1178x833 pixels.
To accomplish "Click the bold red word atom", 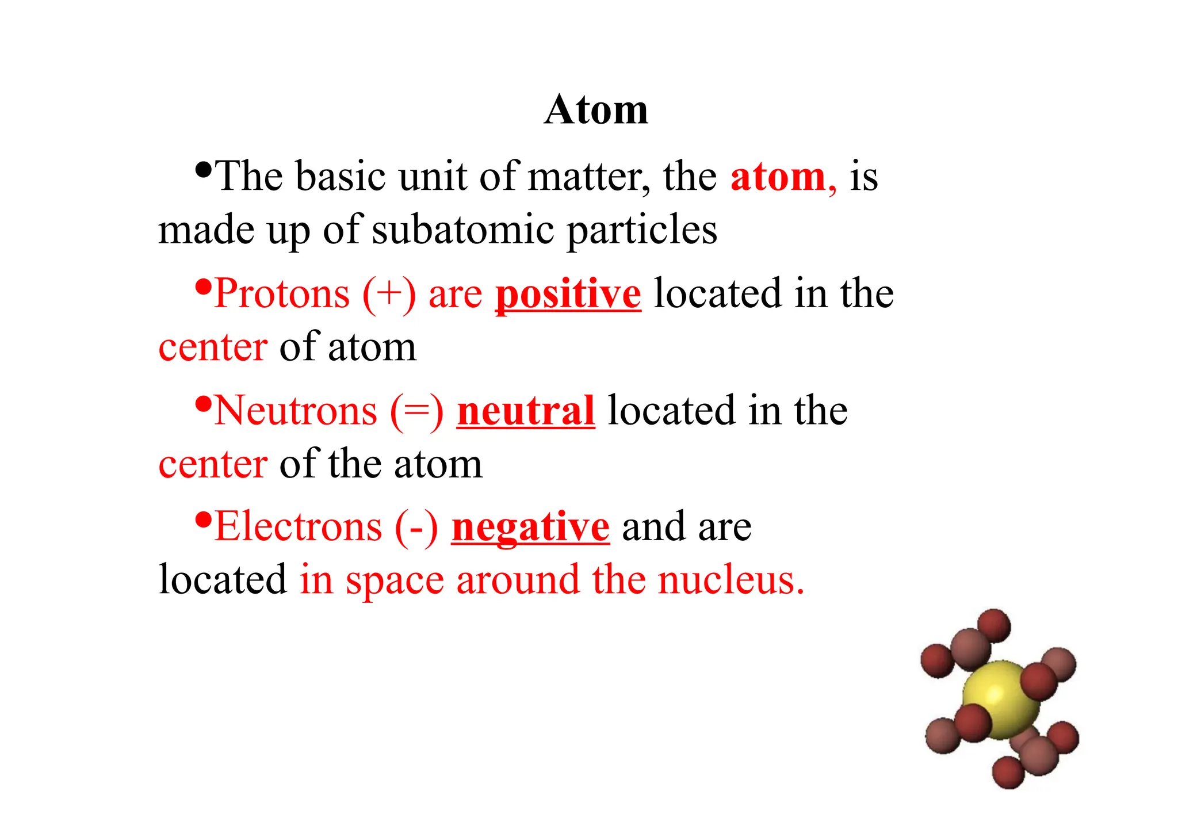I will pos(778,177).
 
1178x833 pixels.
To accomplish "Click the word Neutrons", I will pos(296,411).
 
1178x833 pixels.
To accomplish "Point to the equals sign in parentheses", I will pos(417,411).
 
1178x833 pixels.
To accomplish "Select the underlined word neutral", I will pos(526,411).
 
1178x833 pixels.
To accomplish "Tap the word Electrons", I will pos(298,527).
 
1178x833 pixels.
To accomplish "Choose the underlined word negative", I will pos(530,527).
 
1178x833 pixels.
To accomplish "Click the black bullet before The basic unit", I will pos(203,169).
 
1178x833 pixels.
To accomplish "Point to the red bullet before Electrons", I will pos(203,519).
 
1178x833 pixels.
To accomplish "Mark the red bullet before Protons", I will pos(203,286).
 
